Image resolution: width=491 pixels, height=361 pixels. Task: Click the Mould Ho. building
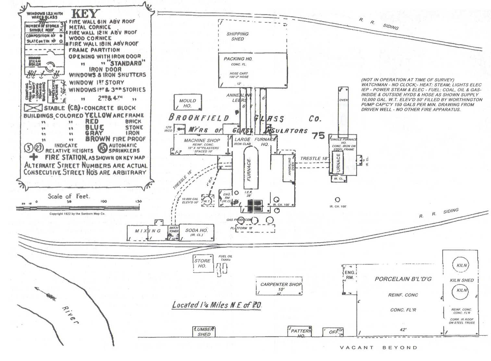pos(188,103)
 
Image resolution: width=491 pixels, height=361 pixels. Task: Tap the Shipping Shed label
pos(238,36)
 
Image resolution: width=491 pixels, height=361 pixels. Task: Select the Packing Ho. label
pos(238,59)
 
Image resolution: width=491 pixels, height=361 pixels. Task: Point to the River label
pos(70,314)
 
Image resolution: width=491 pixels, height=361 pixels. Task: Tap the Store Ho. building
pos(203,263)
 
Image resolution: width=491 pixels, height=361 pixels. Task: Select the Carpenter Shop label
pos(281,284)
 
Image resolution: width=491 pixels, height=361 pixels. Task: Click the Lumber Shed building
pos(204,331)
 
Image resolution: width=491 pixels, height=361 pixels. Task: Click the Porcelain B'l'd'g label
pos(403,279)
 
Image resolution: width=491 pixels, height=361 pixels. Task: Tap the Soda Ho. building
pos(196,232)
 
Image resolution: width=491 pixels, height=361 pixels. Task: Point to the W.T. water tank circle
pos(207,201)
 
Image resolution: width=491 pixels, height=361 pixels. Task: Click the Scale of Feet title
pos(68,196)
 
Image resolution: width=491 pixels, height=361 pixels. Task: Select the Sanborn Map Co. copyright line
pos(77,214)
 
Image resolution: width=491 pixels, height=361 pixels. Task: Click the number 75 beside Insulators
pos(318,135)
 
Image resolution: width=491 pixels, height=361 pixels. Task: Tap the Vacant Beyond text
pos(378,348)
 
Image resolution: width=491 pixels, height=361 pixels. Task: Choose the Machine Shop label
pos(202,140)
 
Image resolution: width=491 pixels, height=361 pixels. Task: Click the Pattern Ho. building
pos(300,331)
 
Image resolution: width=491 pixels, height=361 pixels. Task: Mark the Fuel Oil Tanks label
pos(225,258)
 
